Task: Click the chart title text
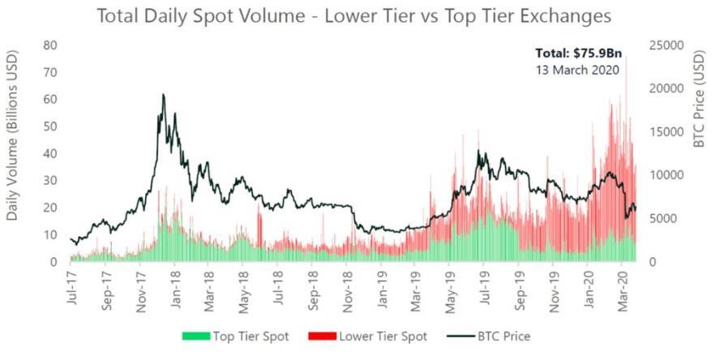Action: pyautogui.click(x=353, y=15)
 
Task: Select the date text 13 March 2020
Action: pyautogui.click(x=577, y=71)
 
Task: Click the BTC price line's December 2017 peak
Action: pyautogui.click(x=163, y=95)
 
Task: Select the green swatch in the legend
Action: pyautogui.click(x=196, y=336)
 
